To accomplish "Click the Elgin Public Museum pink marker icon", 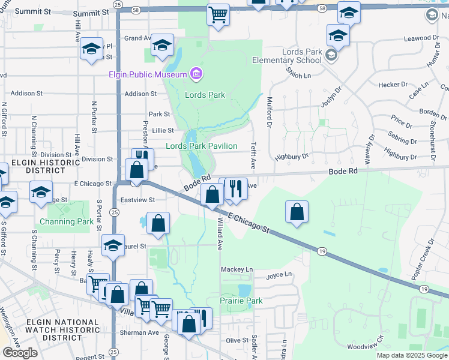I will [x=195, y=74].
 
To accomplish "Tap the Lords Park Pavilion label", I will [x=202, y=146].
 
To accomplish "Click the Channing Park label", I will [x=66, y=221].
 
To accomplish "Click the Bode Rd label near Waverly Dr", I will [x=343, y=172].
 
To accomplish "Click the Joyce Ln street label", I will [x=279, y=275].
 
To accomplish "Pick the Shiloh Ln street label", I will [x=298, y=75].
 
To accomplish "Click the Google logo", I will [x=20, y=353].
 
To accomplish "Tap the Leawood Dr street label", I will [x=418, y=38].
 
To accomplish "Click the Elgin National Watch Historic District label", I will [x=63, y=330].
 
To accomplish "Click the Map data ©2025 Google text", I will [x=411, y=355].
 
